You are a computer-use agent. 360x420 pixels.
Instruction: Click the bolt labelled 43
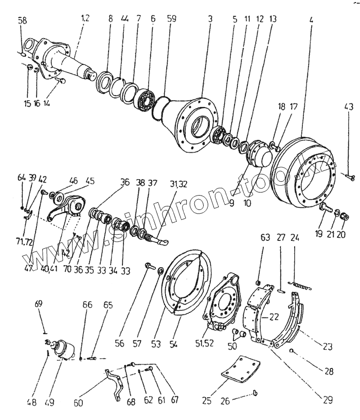pos(350,177)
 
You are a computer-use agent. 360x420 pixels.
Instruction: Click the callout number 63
pos(265,238)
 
